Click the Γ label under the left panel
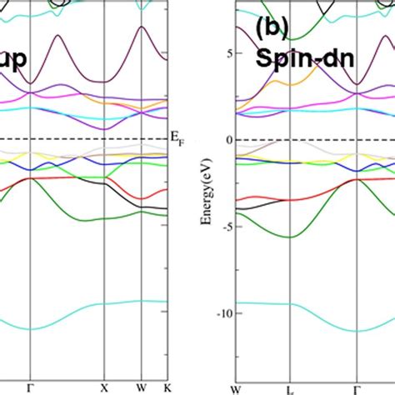click(x=30, y=387)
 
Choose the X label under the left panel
click(x=104, y=387)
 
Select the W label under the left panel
click(x=141, y=387)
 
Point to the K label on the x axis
click(x=167, y=387)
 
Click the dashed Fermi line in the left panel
click(x=83, y=139)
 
